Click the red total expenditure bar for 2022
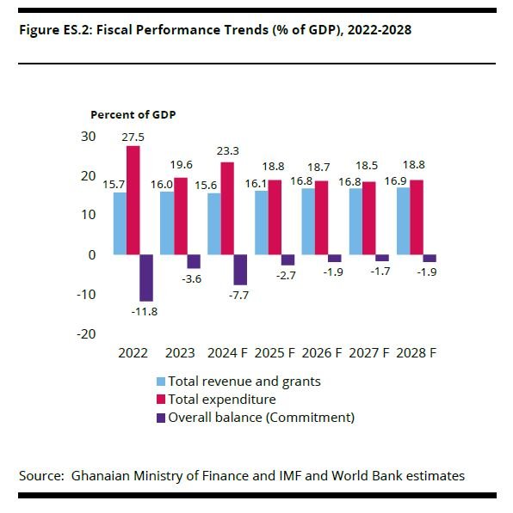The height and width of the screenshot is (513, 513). pos(133,200)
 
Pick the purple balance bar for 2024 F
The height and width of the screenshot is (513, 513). pos(240,270)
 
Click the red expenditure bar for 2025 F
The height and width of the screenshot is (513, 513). pos(275,217)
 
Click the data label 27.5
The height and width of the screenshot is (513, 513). pos(133,137)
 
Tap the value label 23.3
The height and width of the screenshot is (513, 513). pos(228,154)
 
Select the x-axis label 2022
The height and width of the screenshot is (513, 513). pos(133,352)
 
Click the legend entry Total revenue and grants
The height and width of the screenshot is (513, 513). pos(238,381)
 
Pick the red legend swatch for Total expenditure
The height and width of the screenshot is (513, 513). pos(161,400)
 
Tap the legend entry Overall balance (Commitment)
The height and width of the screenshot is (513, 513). pos(261,418)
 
